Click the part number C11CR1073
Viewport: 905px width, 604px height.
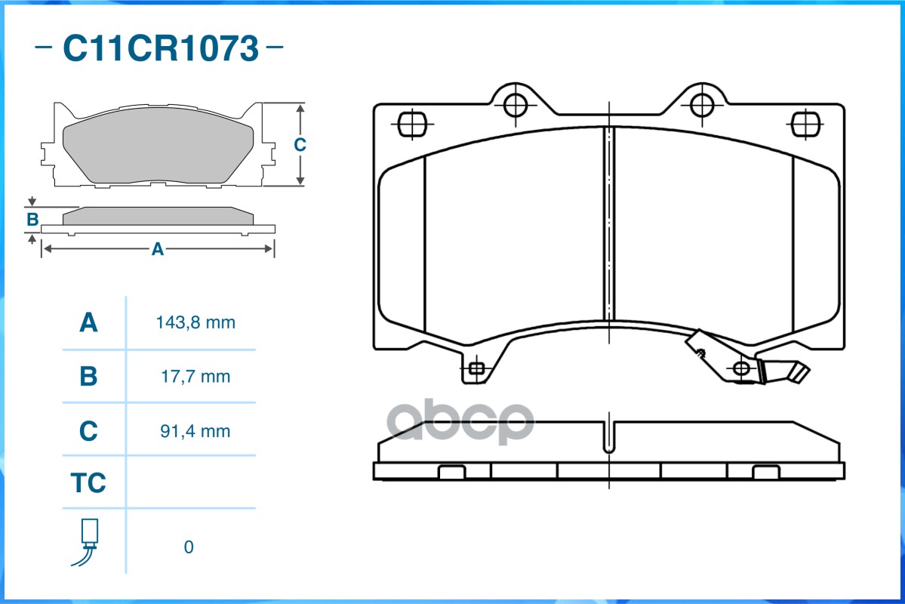coord(160,48)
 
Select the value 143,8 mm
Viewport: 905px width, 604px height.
coord(195,323)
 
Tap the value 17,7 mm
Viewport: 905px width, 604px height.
coord(195,376)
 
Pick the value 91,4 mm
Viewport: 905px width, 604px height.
coord(195,431)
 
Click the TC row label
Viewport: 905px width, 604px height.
coord(88,483)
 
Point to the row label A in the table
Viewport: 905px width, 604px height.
coord(88,323)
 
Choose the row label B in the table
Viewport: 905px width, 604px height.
coord(88,376)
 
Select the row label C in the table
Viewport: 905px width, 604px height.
coord(88,431)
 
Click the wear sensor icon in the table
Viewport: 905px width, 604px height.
coord(88,542)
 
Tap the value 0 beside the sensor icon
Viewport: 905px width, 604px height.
coord(189,547)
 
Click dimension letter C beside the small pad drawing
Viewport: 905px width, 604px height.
coord(300,144)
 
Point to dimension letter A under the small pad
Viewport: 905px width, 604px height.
coord(157,249)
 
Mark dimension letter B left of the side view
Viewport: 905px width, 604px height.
coord(32,220)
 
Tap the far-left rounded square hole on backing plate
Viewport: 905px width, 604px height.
coord(411,123)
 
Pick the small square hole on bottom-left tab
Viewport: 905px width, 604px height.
coord(476,368)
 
